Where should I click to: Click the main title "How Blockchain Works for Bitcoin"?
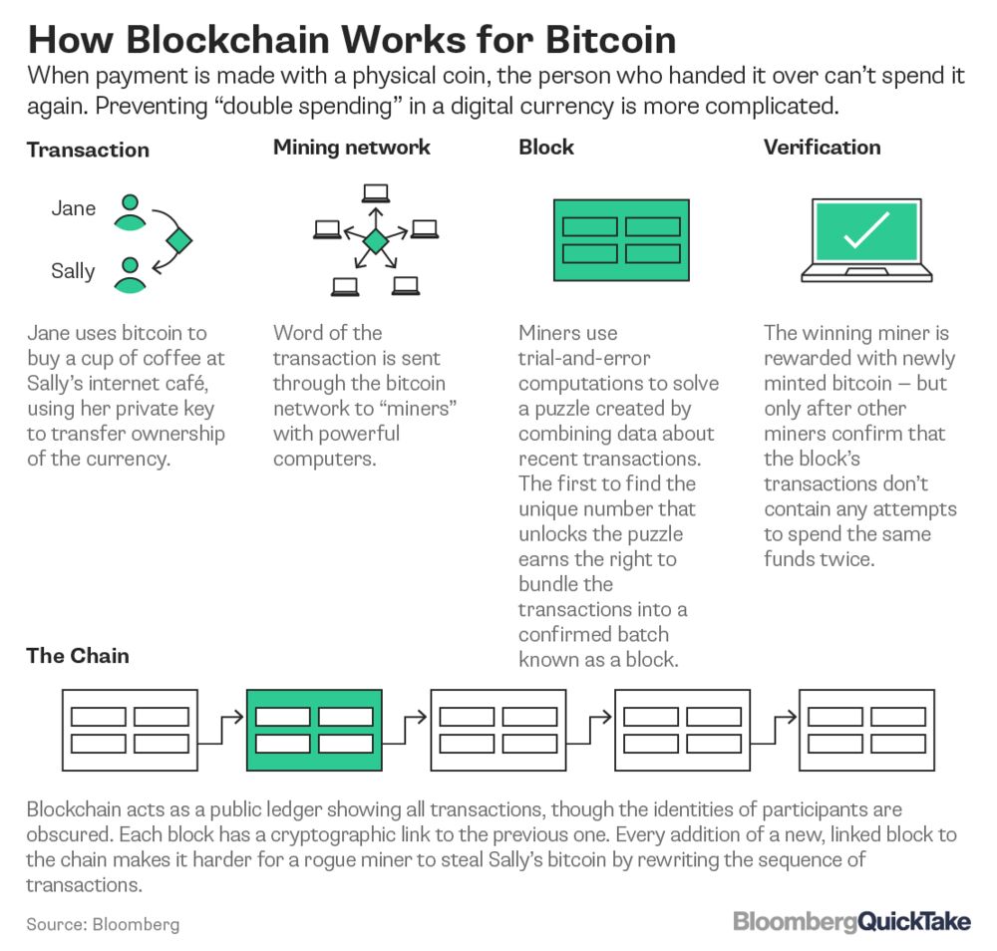(351, 39)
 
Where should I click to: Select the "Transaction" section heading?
(88, 151)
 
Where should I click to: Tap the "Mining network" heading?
(352, 148)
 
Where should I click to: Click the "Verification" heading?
(822, 148)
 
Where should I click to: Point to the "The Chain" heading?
(78, 655)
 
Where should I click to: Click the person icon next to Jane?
(129, 211)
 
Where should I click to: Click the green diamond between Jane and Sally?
(178, 241)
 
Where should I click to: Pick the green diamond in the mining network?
(375, 241)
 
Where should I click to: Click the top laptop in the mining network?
(375, 193)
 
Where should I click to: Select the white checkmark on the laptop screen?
(865, 230)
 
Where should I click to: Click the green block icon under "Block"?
(621, 239)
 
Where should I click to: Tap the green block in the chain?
(314, 730)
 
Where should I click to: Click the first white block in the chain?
(130, 730)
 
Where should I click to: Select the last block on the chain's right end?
(865, 730)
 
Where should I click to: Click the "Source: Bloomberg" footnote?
(104, 924)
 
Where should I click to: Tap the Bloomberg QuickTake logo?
(851, 921)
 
